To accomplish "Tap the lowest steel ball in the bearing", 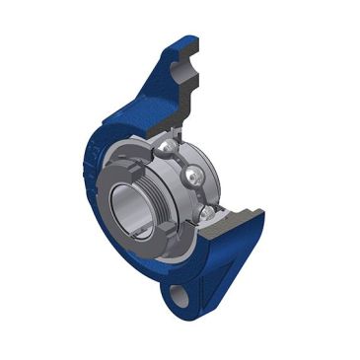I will [x=206, y=212].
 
